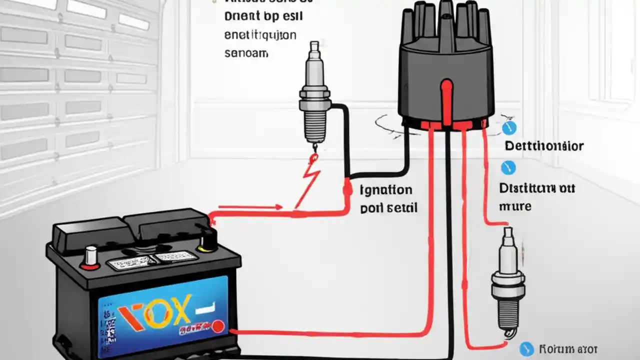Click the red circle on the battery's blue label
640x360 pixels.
click(x=217, y=327)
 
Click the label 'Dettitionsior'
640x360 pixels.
click(x=543, y=146)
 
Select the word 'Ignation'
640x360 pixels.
click(x=386, y=190)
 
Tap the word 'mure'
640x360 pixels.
click(x=515, y=205)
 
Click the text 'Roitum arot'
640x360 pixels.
click(x=568, y=349)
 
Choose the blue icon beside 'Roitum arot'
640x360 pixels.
click(x=526, y=349)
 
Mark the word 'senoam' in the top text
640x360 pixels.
click(x=245, y=52)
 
